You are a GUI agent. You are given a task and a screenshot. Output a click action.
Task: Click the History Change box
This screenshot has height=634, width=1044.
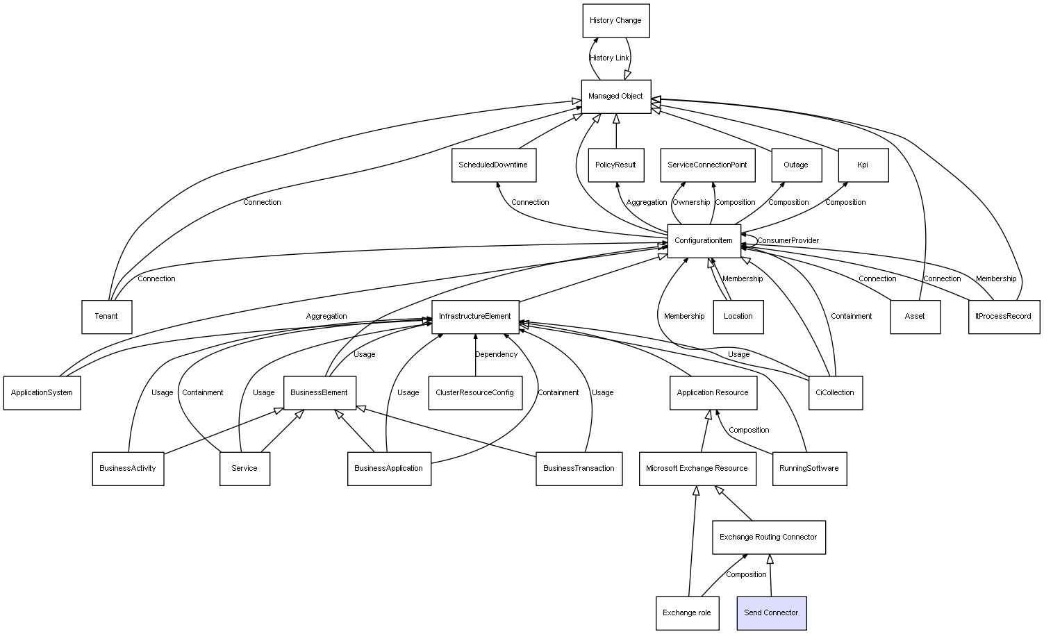[615, 21]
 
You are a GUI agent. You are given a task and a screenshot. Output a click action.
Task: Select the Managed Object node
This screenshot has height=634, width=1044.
[615, 97]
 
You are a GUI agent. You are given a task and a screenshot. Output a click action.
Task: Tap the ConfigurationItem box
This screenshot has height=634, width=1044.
[704, 241]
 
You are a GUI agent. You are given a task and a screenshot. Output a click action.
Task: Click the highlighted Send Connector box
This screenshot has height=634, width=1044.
[771, 613]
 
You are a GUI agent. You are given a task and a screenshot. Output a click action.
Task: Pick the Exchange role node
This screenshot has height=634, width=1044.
[687, 613]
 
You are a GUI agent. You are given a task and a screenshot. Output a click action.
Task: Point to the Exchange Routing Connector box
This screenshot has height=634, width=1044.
[768, 537]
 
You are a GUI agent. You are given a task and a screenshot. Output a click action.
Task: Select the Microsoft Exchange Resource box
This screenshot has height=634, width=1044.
[697, 469]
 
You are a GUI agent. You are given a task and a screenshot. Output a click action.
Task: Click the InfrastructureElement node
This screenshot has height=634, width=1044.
[475, 317]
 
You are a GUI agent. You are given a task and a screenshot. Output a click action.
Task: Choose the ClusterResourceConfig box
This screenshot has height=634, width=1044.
[474, 393]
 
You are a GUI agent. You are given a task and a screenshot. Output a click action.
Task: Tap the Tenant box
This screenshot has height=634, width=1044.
[106, 317]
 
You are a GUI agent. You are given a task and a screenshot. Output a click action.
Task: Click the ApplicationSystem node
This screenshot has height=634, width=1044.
[42, 393]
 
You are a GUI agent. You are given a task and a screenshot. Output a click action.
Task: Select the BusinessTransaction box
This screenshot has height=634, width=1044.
[579, 469]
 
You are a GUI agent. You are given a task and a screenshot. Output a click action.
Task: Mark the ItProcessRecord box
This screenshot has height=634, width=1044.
[1003, 317]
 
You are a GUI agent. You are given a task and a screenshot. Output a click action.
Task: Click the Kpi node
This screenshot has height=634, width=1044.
[863, 165]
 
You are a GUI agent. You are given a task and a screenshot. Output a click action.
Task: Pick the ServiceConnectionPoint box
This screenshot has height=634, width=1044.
[707, 165]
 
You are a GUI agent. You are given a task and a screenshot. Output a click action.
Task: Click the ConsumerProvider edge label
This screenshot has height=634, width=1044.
[788, 241]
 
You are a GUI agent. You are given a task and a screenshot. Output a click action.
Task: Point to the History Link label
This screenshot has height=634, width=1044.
[609, 58]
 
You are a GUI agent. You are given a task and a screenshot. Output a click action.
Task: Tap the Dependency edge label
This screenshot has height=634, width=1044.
[496, 355]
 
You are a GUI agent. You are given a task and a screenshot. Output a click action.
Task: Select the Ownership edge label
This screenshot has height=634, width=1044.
[691, 203]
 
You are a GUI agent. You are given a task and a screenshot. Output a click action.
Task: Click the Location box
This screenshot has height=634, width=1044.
[738, 317]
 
